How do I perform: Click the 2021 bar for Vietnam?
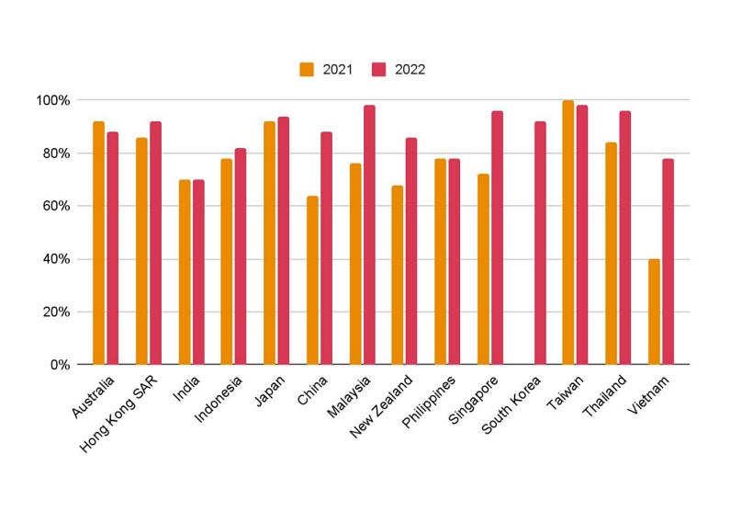[654, 312]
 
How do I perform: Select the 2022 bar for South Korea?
[540, 243]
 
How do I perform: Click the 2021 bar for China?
[312, 280]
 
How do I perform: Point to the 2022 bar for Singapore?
[497, 237]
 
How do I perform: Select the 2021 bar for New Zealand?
[397, 275]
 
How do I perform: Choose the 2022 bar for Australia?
[112, 248]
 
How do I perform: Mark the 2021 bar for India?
[184, 272]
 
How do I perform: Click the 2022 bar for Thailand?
[624, 237]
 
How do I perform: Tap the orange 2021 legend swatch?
[307, 69]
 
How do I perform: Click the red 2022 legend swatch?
[378, 69]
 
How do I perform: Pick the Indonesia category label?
[219, 400]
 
